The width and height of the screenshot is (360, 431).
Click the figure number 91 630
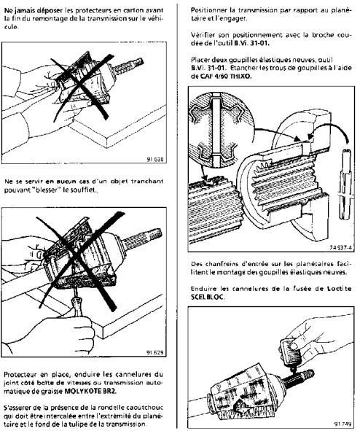point(156,159)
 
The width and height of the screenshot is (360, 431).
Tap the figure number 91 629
point(156,352)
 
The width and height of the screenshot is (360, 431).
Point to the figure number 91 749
point(343,424)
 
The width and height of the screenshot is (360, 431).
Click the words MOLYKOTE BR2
point(90,392)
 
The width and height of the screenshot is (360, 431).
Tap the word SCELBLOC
point(207,298)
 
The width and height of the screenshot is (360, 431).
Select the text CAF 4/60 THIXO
point(226,77)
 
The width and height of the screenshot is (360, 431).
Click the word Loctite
point(339,289)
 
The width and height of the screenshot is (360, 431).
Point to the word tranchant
point(147,182)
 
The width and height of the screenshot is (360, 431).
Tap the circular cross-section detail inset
point(221,130)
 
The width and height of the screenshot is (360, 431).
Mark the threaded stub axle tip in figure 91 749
point(301,378)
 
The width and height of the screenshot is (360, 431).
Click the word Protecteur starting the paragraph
point(20,375)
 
